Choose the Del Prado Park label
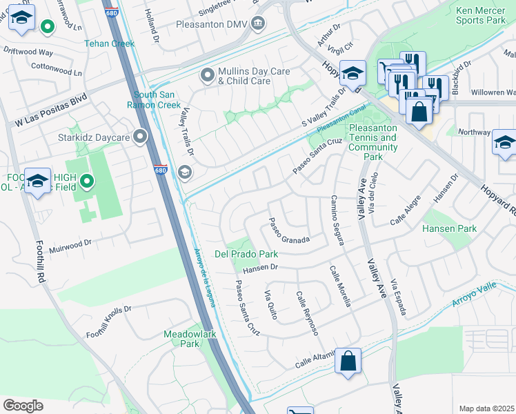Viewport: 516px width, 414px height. tap(245, 254)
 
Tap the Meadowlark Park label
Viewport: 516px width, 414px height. tap(190, 338)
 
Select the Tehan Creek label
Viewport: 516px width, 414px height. tap(109, 43)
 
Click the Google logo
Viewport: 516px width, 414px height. tap(23, 406)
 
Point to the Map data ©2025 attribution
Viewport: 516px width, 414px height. tap(486, 408)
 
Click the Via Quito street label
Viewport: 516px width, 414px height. tap(270, 305)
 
